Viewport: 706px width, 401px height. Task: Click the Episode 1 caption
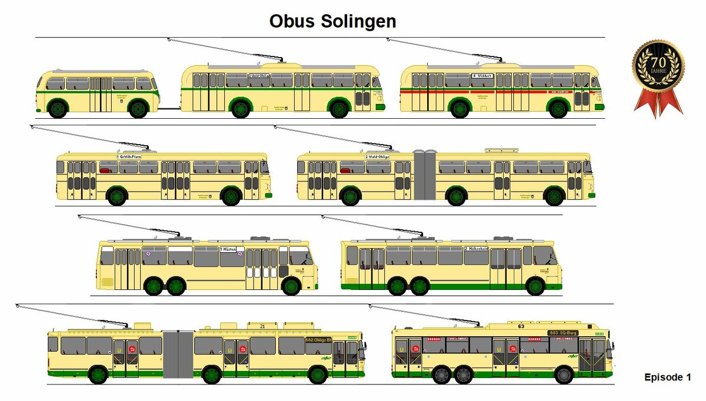668,377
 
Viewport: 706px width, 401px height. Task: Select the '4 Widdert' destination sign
482,76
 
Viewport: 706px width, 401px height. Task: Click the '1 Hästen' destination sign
229,250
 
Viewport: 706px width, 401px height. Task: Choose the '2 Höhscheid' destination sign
477,249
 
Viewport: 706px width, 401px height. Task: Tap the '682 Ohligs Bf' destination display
318,340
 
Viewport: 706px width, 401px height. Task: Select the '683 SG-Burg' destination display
563,333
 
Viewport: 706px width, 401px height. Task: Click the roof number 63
521,326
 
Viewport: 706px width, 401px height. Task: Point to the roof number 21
262,326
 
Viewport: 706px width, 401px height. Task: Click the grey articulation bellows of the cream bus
424,175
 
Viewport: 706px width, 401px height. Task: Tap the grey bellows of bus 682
178,354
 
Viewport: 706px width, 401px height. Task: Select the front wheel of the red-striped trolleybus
558,109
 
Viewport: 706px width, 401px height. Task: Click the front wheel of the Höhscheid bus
535,286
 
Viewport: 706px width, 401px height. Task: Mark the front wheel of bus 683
564,374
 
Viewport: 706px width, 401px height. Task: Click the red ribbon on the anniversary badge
658,103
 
